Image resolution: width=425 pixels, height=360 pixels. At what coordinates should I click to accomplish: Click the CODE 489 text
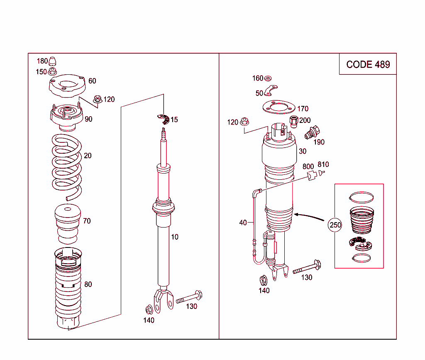(x=368, y=64)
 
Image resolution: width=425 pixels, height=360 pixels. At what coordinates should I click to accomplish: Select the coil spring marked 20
(x=66, y=166)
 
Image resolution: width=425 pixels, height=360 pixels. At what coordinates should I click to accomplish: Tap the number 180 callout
(x=42, y=61)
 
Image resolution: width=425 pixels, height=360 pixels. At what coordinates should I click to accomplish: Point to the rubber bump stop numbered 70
(x=66, y=224)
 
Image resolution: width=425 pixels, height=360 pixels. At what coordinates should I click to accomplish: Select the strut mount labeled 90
(x=66, y=117)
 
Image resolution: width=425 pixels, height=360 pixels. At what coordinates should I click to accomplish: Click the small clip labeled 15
(x=164, y=119)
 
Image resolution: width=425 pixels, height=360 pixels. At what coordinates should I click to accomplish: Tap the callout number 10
(x=175, y=237)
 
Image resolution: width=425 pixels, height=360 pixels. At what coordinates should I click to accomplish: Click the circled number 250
(x=335, y=225)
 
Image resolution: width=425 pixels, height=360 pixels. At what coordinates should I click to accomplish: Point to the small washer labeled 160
(x=268, y=78)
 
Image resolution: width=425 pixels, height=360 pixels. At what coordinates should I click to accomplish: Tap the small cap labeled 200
(x=294, y=121)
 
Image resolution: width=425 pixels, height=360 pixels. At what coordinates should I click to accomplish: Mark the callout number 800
(x=308, y=167)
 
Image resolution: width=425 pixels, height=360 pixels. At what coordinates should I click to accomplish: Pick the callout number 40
(x=243, y=223)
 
